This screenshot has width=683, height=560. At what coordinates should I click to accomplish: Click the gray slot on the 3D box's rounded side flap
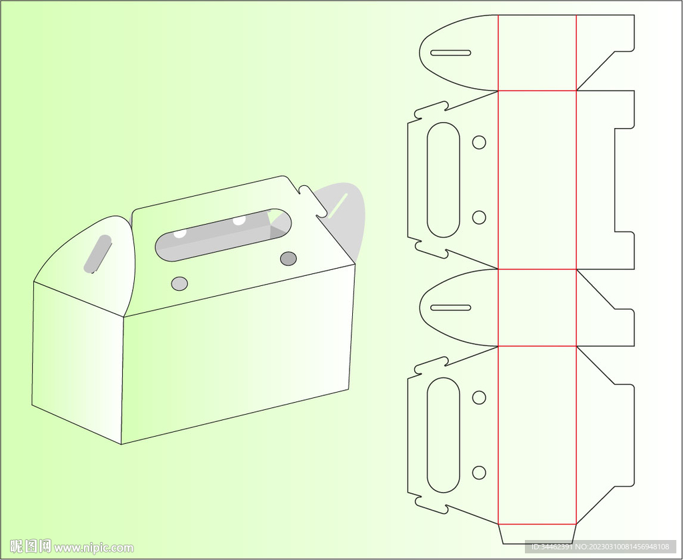tap(97, 254)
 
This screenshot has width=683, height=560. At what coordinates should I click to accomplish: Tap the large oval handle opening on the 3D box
tap(223, 235)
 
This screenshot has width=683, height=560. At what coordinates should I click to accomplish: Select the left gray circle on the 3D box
tap(179, 283)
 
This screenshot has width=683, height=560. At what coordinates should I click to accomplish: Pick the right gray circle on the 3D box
tap(288, 259)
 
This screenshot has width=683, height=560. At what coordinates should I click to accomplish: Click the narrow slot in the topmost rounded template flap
tap(450, 53)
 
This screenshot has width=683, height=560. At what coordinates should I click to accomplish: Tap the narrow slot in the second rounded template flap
tap(450, 308)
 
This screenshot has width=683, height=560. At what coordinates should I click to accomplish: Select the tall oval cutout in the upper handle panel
tap(444, 180)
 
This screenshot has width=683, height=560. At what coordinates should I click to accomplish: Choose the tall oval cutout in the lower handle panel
tap(444, 435)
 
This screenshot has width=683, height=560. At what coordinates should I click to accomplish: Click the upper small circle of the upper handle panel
tap(479, 143)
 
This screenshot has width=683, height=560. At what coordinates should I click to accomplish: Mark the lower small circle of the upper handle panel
tap(479, 217)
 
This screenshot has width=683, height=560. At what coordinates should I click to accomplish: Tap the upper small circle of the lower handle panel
tap(479, 397)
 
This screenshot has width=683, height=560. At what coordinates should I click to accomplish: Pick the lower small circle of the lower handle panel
tap(479, 473)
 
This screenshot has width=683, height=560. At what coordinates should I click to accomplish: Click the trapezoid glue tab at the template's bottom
tap(538, 534)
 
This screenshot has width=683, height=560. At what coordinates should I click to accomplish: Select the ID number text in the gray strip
tap(600, 547)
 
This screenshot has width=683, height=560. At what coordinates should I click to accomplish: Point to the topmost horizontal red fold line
tap(537, 91)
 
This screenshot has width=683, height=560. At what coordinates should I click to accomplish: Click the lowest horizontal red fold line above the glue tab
tap(537, 524)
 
